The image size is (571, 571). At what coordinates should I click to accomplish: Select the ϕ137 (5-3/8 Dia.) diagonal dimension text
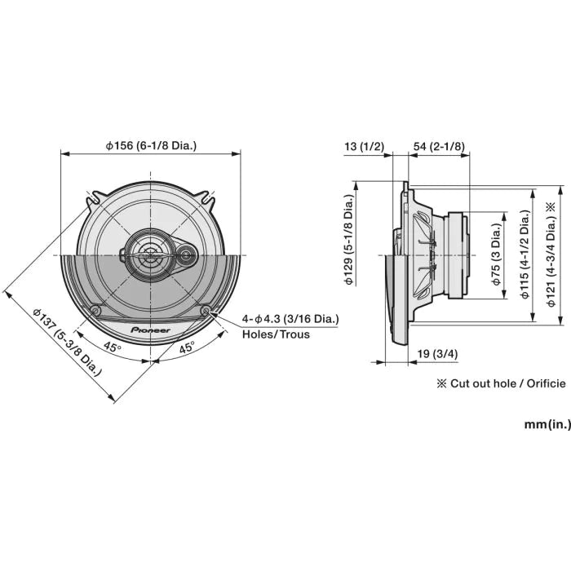[67, 341]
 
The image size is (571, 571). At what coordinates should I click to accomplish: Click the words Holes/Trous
[276, 334]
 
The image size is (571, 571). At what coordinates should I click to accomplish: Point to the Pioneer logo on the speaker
[151, 330]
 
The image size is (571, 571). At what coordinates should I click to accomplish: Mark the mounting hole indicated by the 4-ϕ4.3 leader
[206, 310]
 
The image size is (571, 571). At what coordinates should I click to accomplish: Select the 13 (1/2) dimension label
[364, 146]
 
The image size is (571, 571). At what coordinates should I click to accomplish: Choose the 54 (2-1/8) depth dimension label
[439, 146]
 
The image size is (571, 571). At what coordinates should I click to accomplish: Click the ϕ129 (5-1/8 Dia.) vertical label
[348, 241]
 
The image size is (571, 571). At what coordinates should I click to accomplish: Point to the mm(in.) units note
[547, 424]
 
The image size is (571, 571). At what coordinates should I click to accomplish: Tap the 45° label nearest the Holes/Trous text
[187, 346]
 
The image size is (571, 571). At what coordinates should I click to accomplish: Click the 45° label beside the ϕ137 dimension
[113, 347]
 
